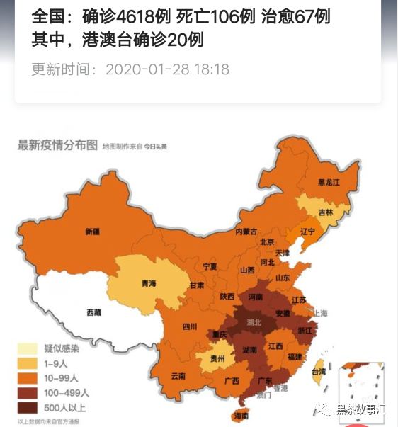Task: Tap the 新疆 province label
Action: pos(93,232)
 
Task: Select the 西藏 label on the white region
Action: pos(93,312)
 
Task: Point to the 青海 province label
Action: pos(148,283)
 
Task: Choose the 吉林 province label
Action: pos(325,211)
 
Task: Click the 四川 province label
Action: pos(189,326)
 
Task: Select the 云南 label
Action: pos(178,375)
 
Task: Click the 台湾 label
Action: pos(319,370)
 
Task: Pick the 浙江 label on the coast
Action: pos(306,330)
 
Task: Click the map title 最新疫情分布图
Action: pos(57,145)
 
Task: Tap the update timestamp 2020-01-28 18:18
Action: pos(167,69)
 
